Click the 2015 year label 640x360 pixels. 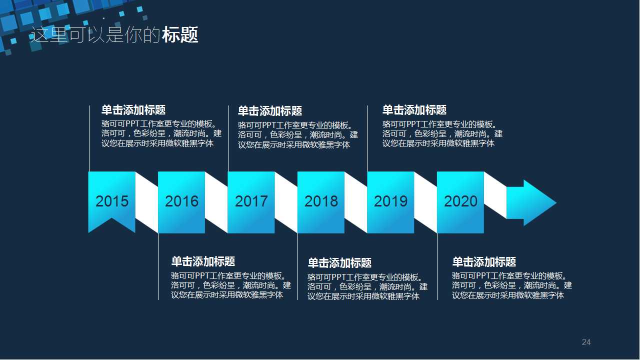pyautogui.click(x=112, y=201)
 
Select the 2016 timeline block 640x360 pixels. pyautogui.click(x=181, y=202)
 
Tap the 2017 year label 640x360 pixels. pyautogui.click(x=251, y=201)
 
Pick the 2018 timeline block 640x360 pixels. pyautogui.click(x=321, y=202)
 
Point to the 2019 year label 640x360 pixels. pyautogui.click(x=390, y=201)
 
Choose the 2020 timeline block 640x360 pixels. pyautogui.click(x=460, y=202)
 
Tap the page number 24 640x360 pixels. pyautogui.click(x=586, y=342)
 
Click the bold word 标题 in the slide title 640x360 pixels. pyautogui.click(x=180, y=35)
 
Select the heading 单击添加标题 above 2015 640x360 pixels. pyautogui.click(x=133, y=110)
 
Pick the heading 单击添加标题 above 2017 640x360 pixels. pyautogui.click(x=269, y=111)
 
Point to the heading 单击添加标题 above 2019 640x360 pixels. pyautogui.click(x=414, y=110)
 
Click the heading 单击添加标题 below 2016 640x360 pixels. pyautogui.click(x=203, y=261)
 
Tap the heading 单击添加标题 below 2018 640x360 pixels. pyautogui.click(x=339, y=263)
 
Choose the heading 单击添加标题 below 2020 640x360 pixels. pyautogui.click(x=484, y=262)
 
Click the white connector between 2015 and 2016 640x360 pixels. pyautogui.click(x=146, y=202)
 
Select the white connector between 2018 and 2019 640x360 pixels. pyautogui.click(x=355, y=202)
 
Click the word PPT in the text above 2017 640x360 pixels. pyautogui.click(x=269, y=125)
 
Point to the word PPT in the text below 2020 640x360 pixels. pyautogui.click(x=483, y=276)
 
